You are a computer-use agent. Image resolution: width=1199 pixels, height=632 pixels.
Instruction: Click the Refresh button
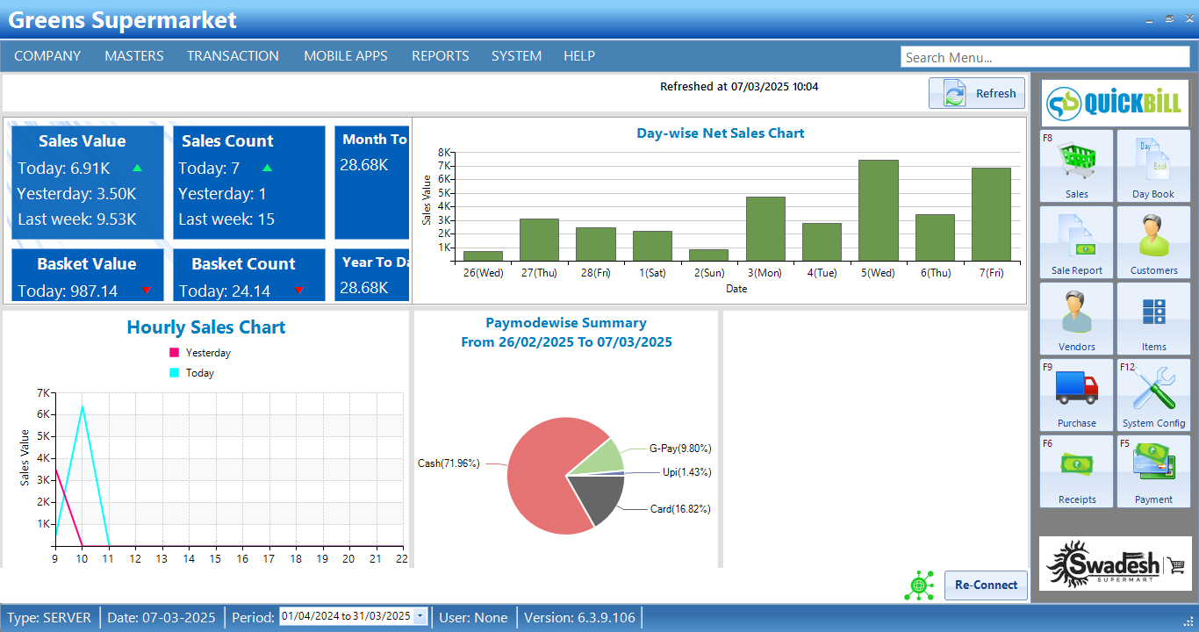(x=976, y=93)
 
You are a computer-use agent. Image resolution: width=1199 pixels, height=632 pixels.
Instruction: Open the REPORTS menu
(x=440, y=56)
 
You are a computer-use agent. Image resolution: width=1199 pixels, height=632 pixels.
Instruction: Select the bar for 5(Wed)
(x=878, y=211)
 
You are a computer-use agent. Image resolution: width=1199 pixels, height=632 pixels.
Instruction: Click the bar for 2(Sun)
(x=708, y=255)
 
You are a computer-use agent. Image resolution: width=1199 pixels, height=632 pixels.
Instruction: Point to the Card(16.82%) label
(x=680, y=509)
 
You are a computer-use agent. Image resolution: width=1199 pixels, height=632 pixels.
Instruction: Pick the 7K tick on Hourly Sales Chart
(x=43, y=392)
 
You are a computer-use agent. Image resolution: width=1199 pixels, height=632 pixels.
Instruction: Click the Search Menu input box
(x=1045, y=57)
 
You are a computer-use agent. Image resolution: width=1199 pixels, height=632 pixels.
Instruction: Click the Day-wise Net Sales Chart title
(x=720, y=133)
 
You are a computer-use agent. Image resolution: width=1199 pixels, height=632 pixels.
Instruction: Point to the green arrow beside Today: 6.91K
(x=137, y=168)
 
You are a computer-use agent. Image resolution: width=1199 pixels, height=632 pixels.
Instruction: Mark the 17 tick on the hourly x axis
(x=269, y=558)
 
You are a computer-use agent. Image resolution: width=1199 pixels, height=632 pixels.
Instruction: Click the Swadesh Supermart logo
(x=1115, y=564)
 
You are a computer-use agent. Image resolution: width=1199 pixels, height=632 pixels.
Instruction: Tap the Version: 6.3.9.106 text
(x=579, y=618)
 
